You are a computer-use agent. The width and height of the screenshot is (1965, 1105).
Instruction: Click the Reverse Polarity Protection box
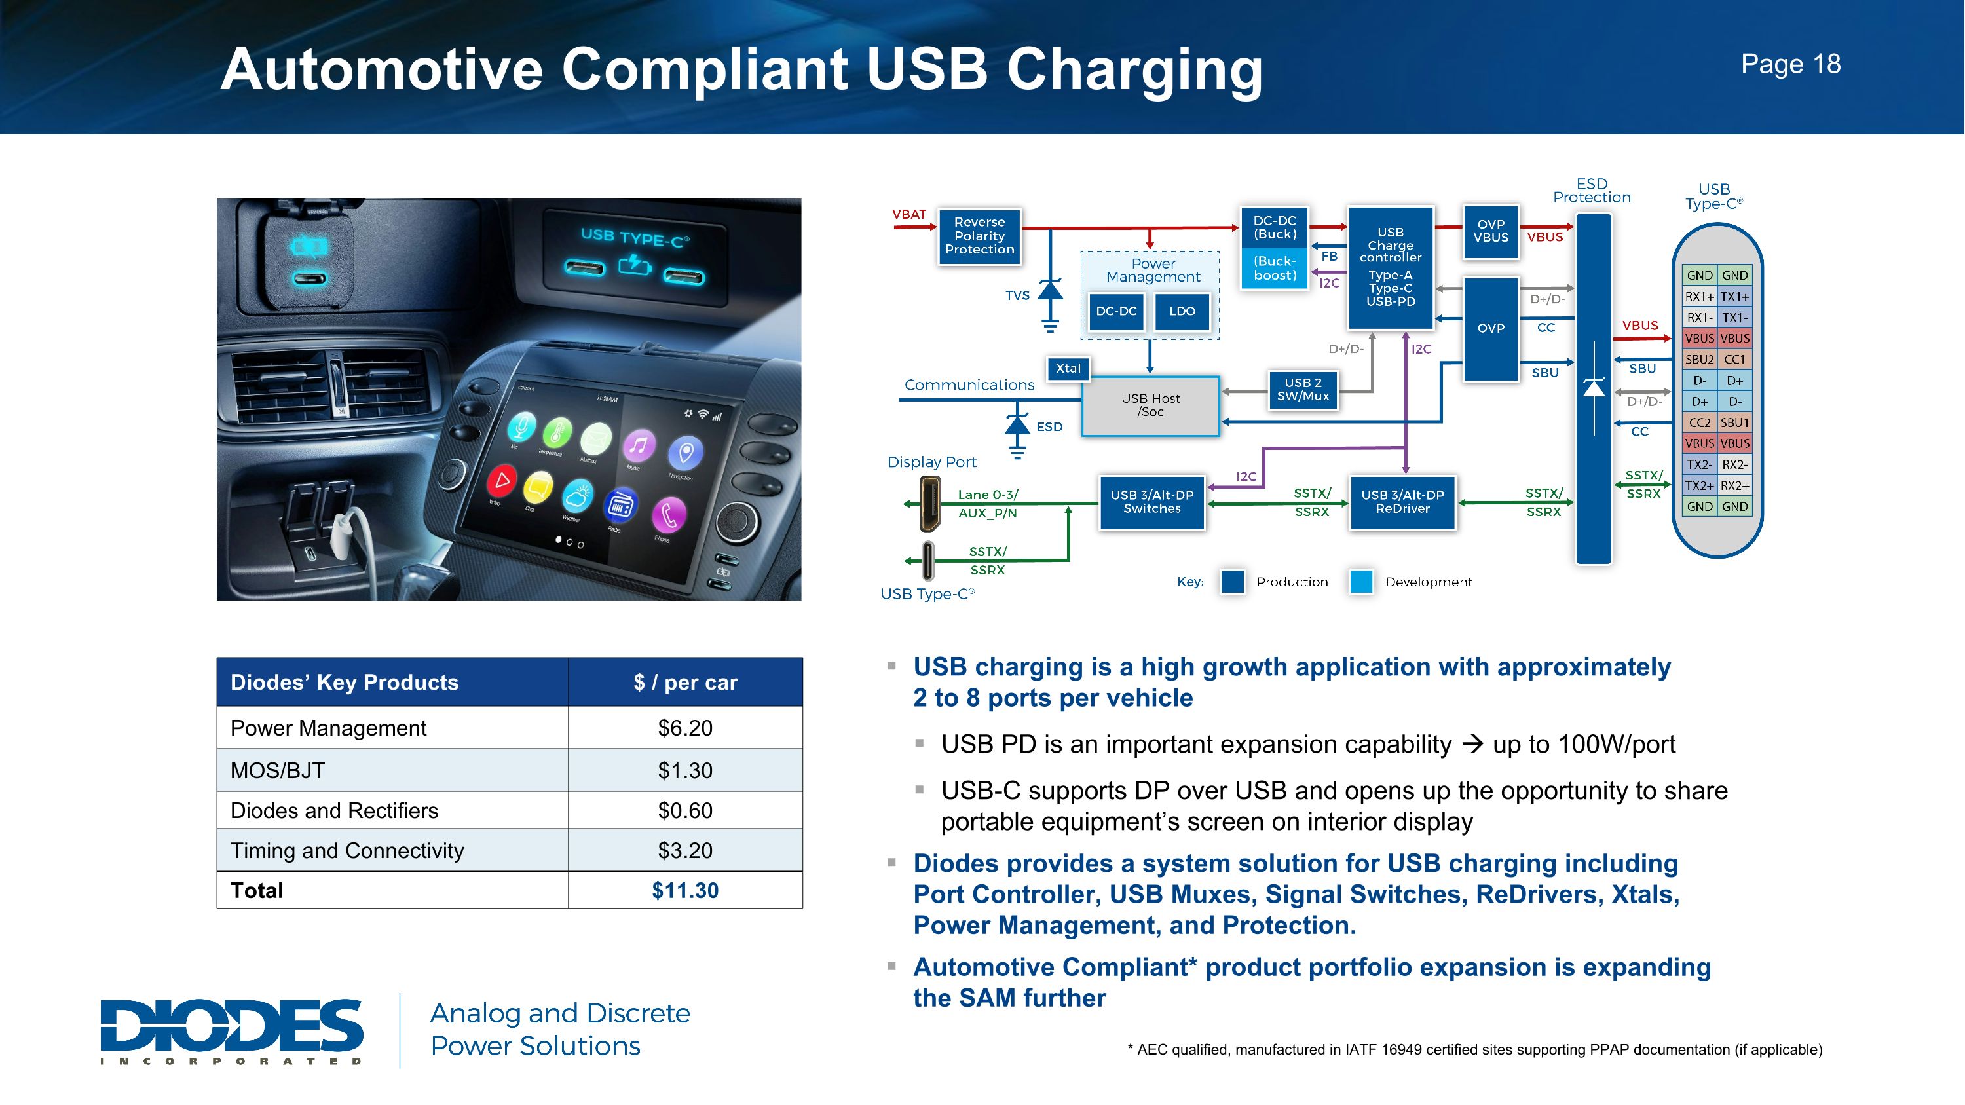tap(979, 236)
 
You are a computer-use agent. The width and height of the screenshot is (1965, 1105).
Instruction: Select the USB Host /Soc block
tap(1150, 405)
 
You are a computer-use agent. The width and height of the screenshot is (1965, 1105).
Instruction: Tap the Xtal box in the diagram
tap(1068, 368)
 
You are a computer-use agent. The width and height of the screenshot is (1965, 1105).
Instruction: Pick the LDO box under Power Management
tap(1182, 311)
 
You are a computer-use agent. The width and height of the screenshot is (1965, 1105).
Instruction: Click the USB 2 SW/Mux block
tap(1302, 390)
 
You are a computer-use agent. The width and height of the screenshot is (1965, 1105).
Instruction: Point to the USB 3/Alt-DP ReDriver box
tap(1402, 502)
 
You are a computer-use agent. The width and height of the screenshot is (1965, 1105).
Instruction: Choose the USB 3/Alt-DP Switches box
tap(1152, 502)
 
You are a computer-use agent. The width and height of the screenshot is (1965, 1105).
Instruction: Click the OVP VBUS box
tap(1491, 231)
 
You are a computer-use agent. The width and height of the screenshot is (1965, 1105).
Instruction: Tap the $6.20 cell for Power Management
tap(685, 728)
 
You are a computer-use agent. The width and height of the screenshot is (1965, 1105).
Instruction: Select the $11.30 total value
tap(685, 890)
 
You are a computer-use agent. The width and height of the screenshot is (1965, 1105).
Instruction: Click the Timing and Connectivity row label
tap(347, 850)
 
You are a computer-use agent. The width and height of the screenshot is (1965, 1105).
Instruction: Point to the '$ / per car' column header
tap(685, 682)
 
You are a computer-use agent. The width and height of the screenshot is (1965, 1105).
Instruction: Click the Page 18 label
tap(1790, 64)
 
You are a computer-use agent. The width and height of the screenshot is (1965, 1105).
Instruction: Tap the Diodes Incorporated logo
tap(232, 1030)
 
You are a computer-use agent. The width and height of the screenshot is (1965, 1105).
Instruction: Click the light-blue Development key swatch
tap(1361, 581)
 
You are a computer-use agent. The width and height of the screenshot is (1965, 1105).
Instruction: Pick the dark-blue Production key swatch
tap(1232, 581)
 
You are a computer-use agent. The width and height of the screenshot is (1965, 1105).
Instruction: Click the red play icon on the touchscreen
tap(502, 480)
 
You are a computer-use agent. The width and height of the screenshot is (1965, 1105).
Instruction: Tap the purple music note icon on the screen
tap(639, 444)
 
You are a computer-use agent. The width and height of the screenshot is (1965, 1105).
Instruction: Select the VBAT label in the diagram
tap(908, 214)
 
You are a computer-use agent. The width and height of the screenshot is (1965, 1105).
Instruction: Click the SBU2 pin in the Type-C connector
tap(1699, 359)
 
